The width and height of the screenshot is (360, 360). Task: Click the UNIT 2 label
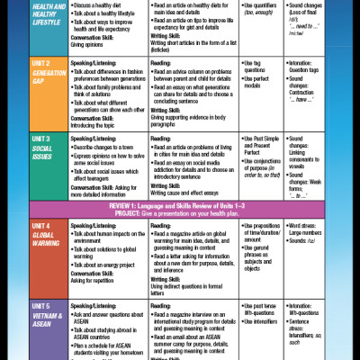tap(30, 64)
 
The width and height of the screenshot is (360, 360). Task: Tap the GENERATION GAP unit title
tap(35, 77)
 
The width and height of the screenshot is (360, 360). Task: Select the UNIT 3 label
tap(30, 140)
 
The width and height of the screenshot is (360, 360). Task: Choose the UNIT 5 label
tap(30, 307)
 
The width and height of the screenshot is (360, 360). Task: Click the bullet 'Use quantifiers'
tap(261, 5)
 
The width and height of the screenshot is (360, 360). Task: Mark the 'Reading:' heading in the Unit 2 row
tap(163, 63)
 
